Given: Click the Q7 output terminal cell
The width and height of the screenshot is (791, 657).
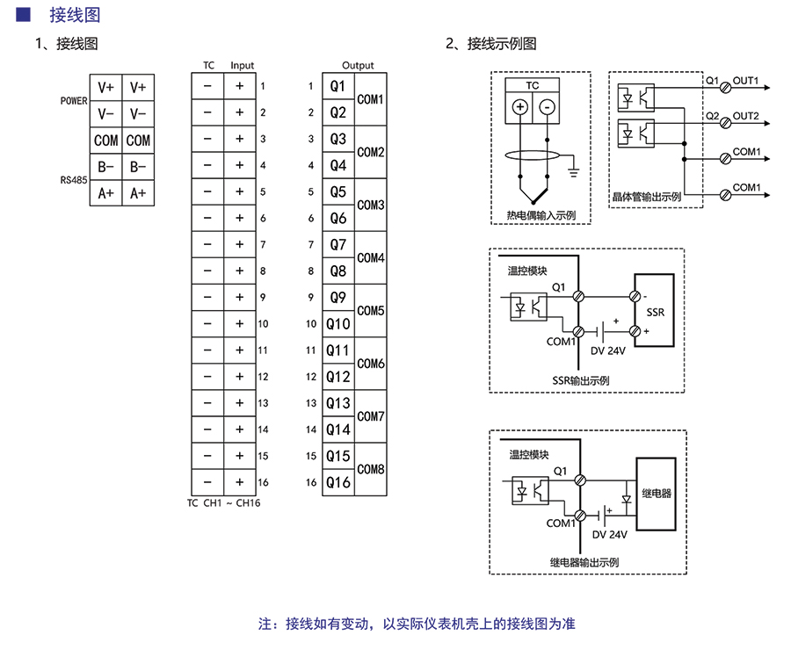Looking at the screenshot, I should [x=338, y=245].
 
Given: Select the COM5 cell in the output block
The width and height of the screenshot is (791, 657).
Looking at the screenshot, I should [x=371, y=311].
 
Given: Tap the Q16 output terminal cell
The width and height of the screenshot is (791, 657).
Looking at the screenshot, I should [x=338, y=482].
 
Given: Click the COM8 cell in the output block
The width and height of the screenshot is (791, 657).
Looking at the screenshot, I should [x=371, y=469].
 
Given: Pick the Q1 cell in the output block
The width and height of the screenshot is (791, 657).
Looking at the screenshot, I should [x=338, y=86].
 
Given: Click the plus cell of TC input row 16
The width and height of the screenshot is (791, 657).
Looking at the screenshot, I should [x=239, y=482].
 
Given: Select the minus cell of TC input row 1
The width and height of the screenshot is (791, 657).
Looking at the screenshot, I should [x=207, y=86].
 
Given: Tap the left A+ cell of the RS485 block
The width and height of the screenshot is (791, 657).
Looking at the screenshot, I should [x=106, y=193].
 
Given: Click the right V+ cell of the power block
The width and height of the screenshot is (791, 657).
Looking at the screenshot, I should [x=138, y=88].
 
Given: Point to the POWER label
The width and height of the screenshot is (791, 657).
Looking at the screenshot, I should [x=74, y=101].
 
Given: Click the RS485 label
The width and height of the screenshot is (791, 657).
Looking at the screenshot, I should [x=74, y=180].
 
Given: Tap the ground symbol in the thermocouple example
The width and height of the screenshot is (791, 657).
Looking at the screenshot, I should [x=573, y=170].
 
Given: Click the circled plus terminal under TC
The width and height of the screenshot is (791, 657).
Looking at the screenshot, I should [x=520, y=107].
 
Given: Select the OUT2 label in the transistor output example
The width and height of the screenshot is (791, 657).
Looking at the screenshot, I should [x=745, y=116].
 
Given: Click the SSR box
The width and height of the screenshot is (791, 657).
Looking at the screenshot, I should [x=655, y=313].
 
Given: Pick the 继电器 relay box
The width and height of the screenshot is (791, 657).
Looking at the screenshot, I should [x=656, y=494].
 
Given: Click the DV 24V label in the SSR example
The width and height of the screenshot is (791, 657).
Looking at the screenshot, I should [x=608, y=351].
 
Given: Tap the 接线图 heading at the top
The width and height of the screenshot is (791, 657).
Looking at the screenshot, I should [x=75, y=15].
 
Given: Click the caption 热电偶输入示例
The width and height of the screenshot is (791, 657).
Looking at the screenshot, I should [x=541, y=215].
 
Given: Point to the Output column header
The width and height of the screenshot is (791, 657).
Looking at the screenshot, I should [x=358, y=66].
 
